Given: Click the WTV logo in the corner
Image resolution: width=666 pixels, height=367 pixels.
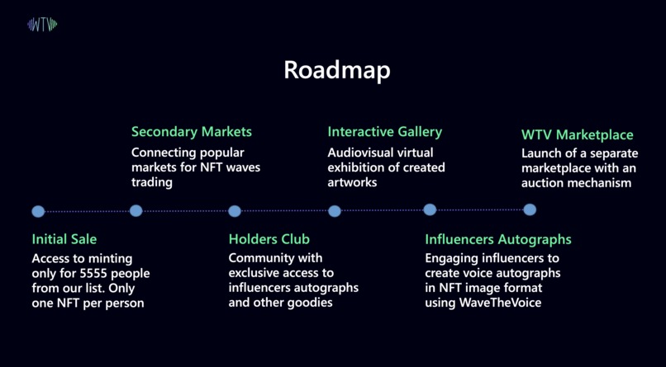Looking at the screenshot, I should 42,25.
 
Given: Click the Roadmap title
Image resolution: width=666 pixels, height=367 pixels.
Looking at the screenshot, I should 337,70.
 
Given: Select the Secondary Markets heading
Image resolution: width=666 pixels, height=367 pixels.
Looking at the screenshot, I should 192,132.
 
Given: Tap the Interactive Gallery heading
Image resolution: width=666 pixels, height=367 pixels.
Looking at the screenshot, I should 385,132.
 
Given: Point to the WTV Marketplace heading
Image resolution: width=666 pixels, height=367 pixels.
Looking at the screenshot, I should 578,134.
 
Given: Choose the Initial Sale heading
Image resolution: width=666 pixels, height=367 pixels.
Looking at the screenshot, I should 64,239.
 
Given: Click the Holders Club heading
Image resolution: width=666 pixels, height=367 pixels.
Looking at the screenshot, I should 269,239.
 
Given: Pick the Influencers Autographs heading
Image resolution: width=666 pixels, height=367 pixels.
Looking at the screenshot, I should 498,239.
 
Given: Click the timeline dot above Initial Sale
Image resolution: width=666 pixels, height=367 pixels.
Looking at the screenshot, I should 38,211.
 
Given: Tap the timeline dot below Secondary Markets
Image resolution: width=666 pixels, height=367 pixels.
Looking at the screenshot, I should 136,210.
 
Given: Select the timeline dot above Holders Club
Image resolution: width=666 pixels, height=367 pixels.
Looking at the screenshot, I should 235,211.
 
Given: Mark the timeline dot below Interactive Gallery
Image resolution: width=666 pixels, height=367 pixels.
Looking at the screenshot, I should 335,211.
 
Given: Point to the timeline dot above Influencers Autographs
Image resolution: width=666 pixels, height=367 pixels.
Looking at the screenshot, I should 430,209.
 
